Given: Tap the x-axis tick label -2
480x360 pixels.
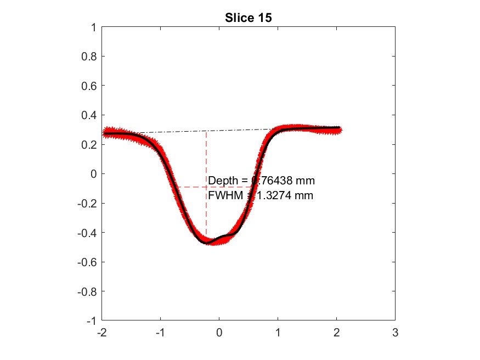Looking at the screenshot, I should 101,333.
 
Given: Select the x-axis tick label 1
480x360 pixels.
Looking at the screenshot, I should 278,333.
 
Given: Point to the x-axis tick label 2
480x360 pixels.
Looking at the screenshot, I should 336,333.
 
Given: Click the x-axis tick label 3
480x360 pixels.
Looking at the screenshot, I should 395,333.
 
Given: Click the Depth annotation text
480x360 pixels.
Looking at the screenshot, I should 261,181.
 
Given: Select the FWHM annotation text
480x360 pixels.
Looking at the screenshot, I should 261,195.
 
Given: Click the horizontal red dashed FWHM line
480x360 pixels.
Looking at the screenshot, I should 189,187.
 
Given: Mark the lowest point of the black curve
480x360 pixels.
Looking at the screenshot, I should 207,242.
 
